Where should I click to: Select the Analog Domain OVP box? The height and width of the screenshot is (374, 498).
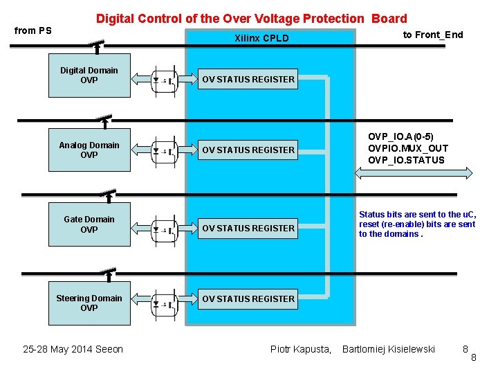pyautogui.click(x=89, y=150)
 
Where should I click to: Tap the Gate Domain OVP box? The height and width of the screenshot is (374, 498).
pyautogui.click(x=89, y=225)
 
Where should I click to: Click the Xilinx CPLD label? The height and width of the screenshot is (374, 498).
pyautogui.click(x=261, y=38)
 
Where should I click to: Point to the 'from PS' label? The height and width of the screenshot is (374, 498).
pyautogui.click(x=33, y=30)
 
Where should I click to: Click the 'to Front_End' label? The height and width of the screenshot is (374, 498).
pyautogui.click(x=433, y=35)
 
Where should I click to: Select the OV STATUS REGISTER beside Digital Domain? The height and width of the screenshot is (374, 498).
pyautogui.click(x=248, y=80)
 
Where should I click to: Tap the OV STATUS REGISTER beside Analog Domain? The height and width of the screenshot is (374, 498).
pyautogui.click(x=248, y=150)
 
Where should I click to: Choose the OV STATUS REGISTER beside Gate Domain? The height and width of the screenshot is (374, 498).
pyautogui.click(x=248, y=228)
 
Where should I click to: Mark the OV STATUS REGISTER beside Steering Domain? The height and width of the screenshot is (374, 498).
pyautogui.click(x=248, y=299)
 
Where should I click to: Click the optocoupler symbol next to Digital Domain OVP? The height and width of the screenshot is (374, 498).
pyautogui.click(x=165, y=80)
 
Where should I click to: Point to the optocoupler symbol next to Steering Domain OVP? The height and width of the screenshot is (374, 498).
pyautogui.click(x=165, y=303)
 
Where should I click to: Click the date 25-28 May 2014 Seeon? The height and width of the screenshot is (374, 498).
pyautogui.click(x=73, y=349)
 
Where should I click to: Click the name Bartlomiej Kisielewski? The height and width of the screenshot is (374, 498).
pyautogui.click(x=389, y=349)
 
